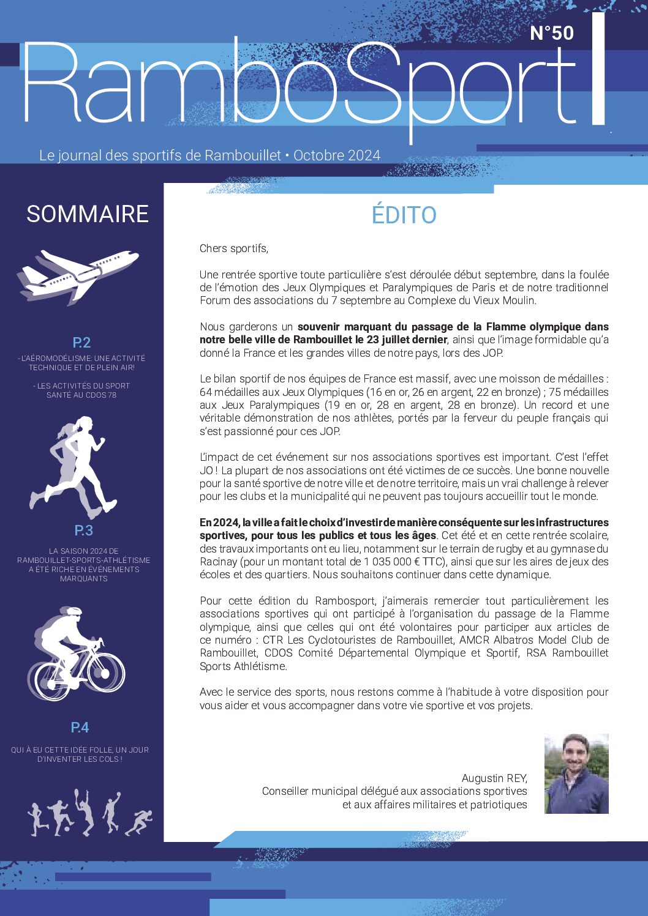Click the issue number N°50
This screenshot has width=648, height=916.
tap(551, 32)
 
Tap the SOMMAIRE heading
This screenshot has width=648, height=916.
tap(88, 214)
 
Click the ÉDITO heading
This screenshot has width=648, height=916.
tap(404, 215)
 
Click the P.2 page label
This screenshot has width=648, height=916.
tap(81, 343)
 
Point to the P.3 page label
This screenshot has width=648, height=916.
tap(83, 531)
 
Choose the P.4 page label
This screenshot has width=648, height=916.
tap(80, 728)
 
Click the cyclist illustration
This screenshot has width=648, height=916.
tap(77, 655)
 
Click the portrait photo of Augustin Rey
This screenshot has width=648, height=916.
tap(576, 774)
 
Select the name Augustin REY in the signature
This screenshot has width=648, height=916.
tap(494, 778)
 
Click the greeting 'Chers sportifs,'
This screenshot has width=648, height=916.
tap(234, 248)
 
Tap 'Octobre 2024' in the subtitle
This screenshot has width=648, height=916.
tap(337, 155)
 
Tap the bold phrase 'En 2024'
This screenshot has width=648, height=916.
tap(219, 523)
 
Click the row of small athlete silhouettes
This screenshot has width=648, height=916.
tap(89, 814)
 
